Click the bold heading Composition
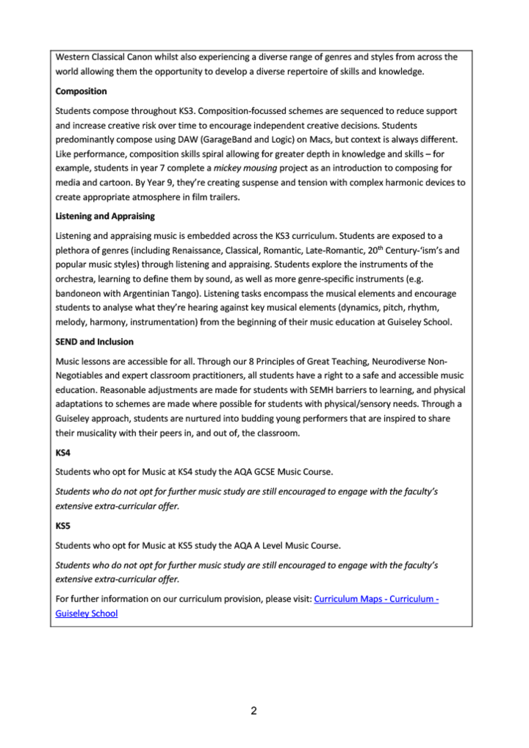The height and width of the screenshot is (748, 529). [81, 91]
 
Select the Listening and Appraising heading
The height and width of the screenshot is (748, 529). [105, 216]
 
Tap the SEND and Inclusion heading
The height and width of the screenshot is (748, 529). [93, 342]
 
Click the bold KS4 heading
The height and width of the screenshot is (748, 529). [64, 453]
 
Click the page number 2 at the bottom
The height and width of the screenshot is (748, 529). [253, 711]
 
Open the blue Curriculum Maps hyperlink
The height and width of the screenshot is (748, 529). [376, 599]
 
